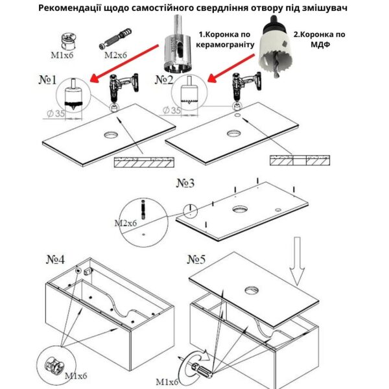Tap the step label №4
tap(55, 261)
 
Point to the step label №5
tap(196, 261)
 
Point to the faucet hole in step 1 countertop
tap(110, 136)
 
